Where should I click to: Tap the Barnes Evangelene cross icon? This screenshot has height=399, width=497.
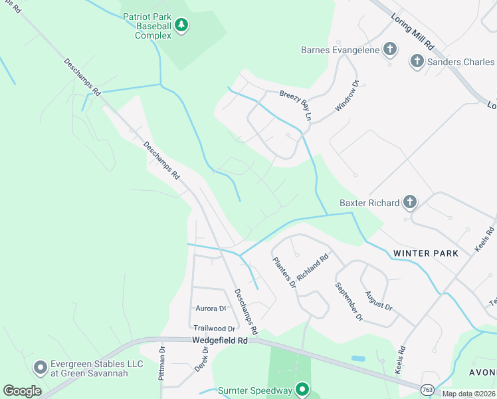pyautogui.click(x=390, y=49)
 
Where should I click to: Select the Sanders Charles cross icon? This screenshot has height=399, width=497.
pyautogui.click(x=417, y=62)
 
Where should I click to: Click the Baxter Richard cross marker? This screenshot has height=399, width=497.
pyautogui.click(x=410, y=202)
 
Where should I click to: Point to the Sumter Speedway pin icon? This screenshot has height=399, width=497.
pyautogui.click(x=302, y=389)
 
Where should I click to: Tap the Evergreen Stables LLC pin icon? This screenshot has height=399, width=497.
pyautogui.click(x=40, y=367)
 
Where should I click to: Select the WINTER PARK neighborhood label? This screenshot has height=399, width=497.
pyautogui.click(x=425, y=253)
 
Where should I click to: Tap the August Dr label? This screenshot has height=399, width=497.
pyautogui.click(x=378, y=300)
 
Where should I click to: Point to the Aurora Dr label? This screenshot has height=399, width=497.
pyautogui.click(x=211, y=309)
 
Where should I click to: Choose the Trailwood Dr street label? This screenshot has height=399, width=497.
pyautogui.click(x=215, y=329)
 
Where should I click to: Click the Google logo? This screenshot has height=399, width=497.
pyautogui.click(x=22, y=391)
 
